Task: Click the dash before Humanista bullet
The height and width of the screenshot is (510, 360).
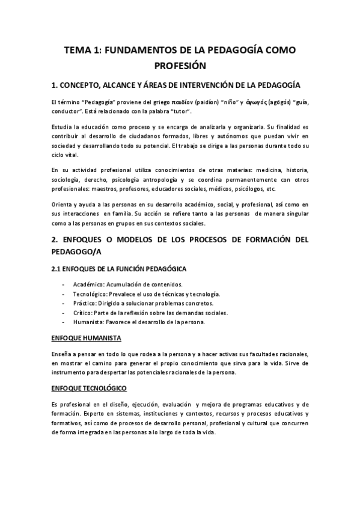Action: point(64,322)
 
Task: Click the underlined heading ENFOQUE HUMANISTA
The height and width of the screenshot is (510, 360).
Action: point(87,338)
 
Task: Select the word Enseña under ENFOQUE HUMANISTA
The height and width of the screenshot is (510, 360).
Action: point(62,354)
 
